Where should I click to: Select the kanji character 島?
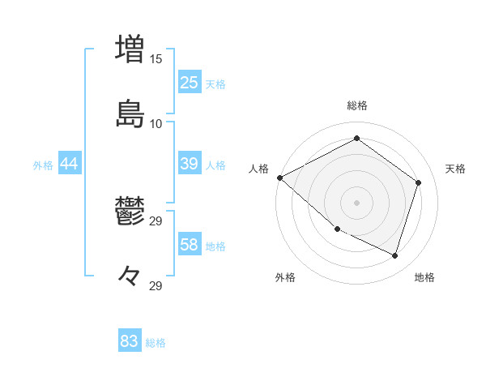[x=130, y=114]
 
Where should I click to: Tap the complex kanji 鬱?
[x=130, y=212]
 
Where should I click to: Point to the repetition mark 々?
[x=130, y=277]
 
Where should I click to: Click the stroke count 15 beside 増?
[x=156, y=59]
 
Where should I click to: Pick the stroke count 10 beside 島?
[x=156, y=123]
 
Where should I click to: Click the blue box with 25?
[x=190, y=83]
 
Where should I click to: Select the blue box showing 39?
[x=190, y=164]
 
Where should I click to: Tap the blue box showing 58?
[x=190, y=245]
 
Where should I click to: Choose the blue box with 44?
[x=70, y=164]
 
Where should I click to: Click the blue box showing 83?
[x=130, y=341]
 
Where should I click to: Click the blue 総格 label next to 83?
[x=156, y=343]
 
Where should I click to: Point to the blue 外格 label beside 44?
[x=43, y=165]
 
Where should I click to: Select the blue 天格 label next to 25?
[x=215, y=84]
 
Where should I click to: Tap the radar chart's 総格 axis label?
[x=356, y=105]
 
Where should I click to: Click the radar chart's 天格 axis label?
[x=455, y=169]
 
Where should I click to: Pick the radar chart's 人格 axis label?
[x=258, y=169]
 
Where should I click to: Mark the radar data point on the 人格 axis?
[x=279, y=178]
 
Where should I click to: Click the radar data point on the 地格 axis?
[x=394, y=255]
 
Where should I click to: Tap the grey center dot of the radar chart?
[x=356, y=202]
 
